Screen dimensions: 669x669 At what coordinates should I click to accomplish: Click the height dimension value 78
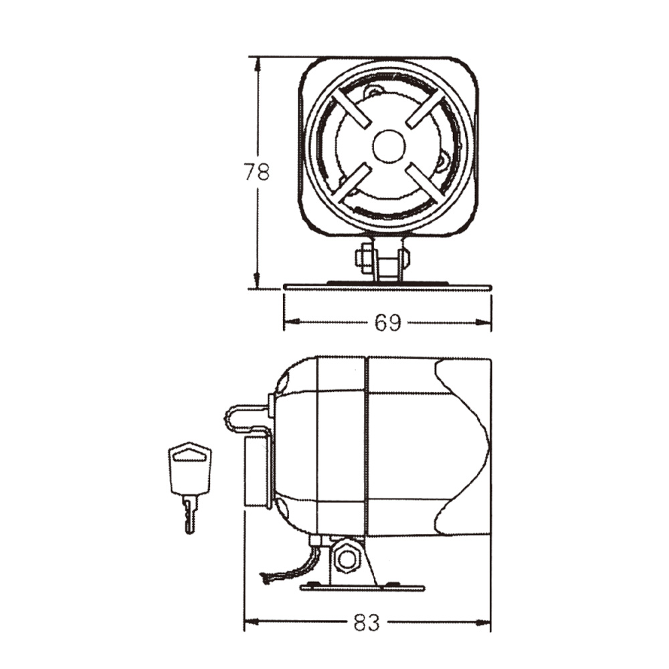point(256,172)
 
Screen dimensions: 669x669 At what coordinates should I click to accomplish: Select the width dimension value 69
point(387,323)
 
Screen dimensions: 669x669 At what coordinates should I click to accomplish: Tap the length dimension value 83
point(366,624)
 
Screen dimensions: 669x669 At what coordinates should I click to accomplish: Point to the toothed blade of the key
point(190,515)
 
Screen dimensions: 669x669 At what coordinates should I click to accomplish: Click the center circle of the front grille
point(389,146)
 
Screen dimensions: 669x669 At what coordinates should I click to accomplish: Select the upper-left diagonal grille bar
point(353,108)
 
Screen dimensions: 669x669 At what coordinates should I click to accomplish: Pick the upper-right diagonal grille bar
point(425,108)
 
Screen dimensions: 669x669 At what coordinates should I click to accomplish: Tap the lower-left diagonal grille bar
point(352,182)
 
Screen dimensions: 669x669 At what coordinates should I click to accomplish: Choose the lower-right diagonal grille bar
point(425,181)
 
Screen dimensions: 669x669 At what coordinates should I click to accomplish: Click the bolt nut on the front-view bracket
point(365,258)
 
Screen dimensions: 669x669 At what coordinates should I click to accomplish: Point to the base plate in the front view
point(387,286)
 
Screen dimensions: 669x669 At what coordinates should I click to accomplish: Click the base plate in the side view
point(362,587)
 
